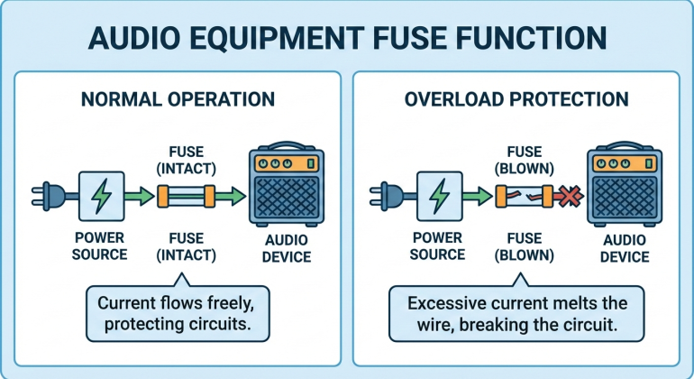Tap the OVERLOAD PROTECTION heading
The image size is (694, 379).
515,99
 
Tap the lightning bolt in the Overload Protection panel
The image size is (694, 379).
440,193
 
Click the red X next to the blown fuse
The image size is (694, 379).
569,194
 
